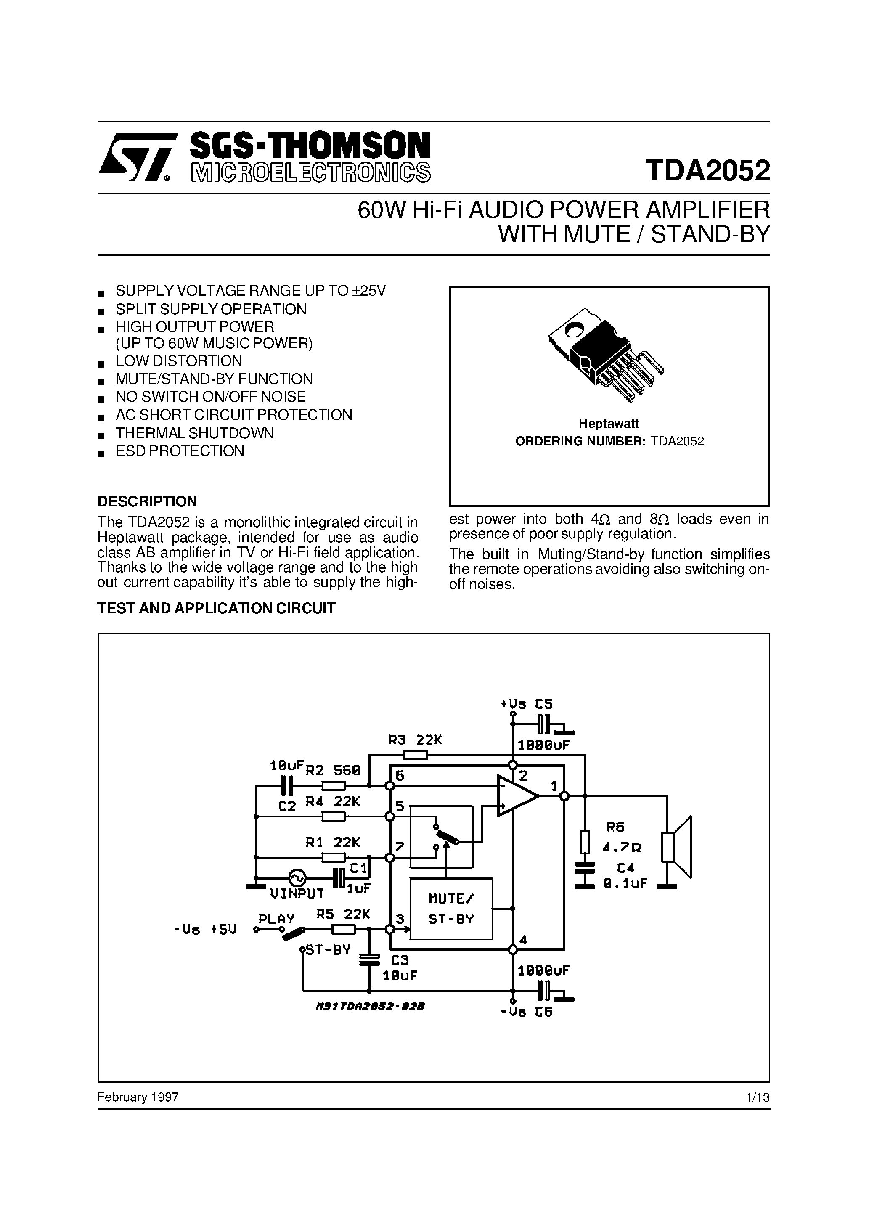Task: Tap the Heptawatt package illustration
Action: [605, 354]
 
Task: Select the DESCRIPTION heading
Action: [147, 501]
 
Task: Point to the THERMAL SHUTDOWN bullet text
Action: [194, 433]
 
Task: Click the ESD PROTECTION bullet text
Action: [180, 451]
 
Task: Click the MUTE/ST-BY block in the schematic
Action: [451, 909]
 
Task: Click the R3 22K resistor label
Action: [415, 740]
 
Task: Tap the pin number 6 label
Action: [400, 776]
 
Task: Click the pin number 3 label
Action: [400, 919]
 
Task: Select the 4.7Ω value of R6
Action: [622, 848]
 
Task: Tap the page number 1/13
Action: [758, 1097]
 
